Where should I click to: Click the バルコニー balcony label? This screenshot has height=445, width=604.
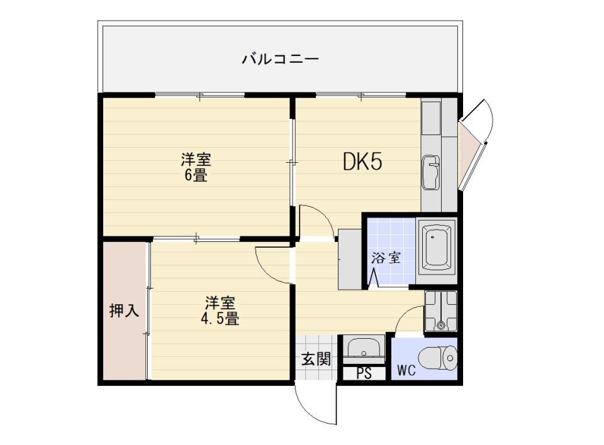tap(281, 60)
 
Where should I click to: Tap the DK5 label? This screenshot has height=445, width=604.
tap(362, 163)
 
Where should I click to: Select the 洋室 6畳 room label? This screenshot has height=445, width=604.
tap(195, 167)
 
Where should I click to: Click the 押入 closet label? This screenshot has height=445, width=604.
tap(124, 310)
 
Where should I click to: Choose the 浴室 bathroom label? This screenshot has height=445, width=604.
tap(386, 258)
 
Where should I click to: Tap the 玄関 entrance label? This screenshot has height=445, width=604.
tap(315, 360)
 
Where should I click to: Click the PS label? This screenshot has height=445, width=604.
tap(363, 373)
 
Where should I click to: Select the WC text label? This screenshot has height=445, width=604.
tap(406, 370)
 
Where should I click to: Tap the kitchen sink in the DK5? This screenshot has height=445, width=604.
tap(432, 172)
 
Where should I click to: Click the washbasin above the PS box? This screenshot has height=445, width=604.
tap(364, 348)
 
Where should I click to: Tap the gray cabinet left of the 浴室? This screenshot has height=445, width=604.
tap(350, 258)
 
